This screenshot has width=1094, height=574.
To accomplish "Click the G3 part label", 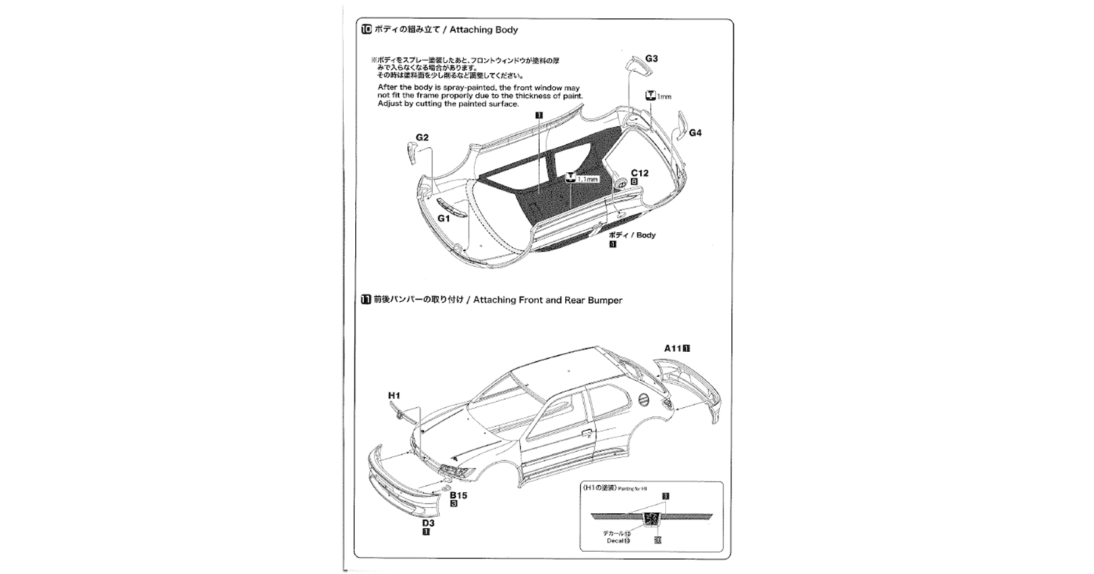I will pos(651,59).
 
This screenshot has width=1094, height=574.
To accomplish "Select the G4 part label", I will pos(695,133).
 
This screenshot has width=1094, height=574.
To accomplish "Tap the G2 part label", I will pos(422,138).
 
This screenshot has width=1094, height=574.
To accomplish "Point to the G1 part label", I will pos(444,219).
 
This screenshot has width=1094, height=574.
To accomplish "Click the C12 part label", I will pos(639,174).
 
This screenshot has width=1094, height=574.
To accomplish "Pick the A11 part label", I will pos(673,348).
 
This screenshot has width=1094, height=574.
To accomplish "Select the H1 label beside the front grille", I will pos(394,396).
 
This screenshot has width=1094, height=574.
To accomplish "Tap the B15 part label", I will pos(459,495).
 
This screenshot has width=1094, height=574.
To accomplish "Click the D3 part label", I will pos(428,523).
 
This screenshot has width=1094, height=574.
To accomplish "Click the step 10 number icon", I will pos(367,30).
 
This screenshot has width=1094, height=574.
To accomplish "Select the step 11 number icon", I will pos(366,300).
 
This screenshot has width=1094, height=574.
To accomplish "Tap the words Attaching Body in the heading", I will pos(484,30).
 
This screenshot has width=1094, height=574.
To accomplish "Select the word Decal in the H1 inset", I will pos(614,540).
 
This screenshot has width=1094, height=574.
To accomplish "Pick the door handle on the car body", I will pos(586,434).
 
